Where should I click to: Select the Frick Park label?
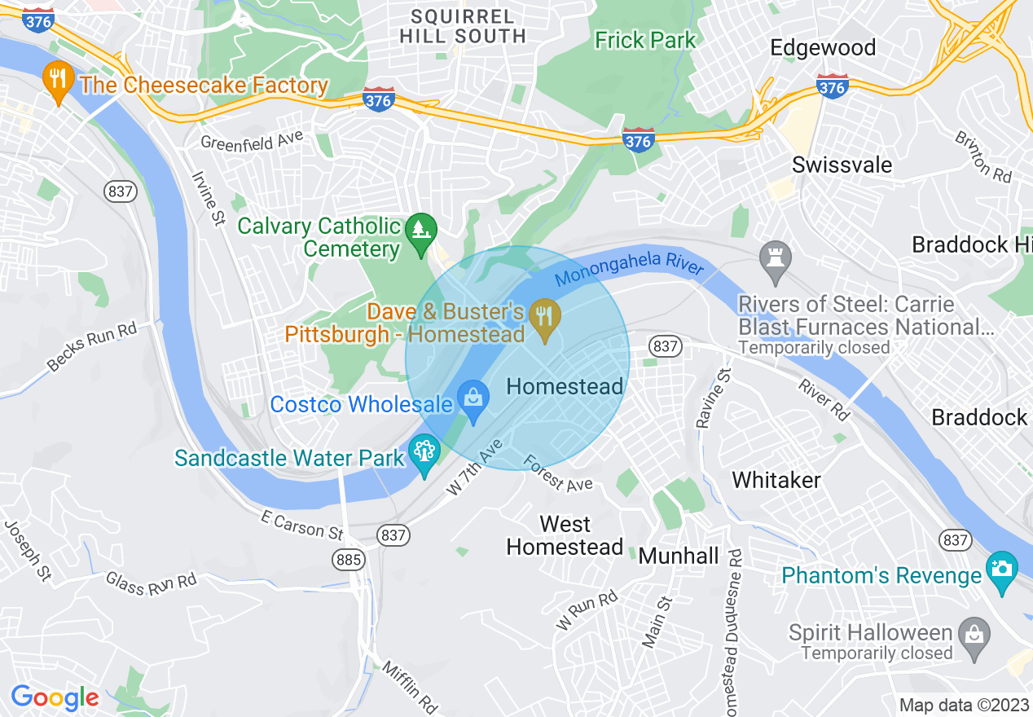pyautogui.click(x=645, y=40)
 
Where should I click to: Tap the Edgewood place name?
pyautogui.click(x=823, y=47)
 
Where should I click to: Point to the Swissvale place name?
pyautogui.click(x=842, y=165)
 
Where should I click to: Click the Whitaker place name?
pyautogui.click(x=776, y=480)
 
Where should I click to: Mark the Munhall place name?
pyautogui.click(x=679, y=556)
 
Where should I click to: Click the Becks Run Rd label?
pyautogui.click(x=91, y=347)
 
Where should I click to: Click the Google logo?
pyautogui.click(x=55, y=697)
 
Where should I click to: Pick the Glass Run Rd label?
pyautogui.click(x=151, y=583)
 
